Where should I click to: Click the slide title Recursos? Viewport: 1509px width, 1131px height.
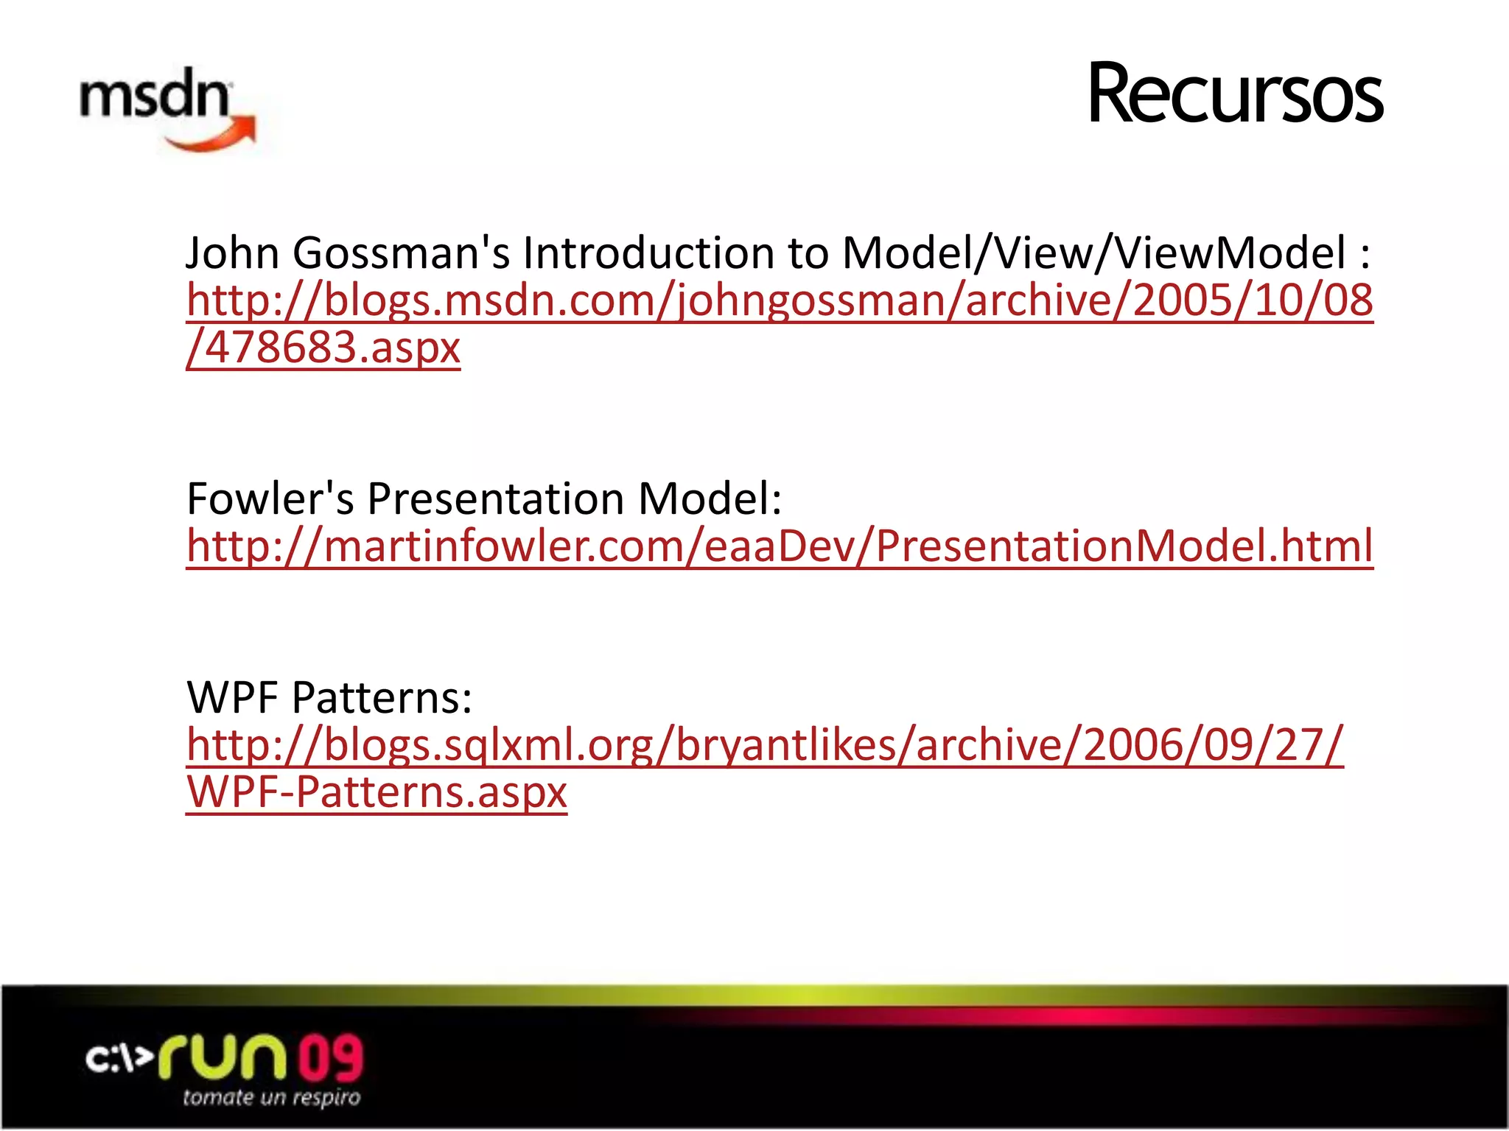pyautogui.click(x=1235, y=94)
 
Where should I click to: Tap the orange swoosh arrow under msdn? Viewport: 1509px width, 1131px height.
pyautogui.click(x=214, y=137)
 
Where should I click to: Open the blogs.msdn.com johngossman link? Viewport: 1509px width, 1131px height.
pyautogui.click(x=780, y=300)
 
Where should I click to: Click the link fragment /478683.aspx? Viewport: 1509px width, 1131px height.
pyautogui.click(x=323, y=348)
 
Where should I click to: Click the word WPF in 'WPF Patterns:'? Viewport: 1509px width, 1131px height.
pyautogui.click(x=234, y=697)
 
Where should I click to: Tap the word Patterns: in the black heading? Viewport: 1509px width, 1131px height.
pyautogui.click(x=382, y=697)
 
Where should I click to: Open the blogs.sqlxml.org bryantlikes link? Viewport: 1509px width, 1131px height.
pyautogui.click(x=765, y=744)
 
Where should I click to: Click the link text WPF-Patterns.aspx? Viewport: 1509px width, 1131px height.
pyautogui.click(x=377, y=792)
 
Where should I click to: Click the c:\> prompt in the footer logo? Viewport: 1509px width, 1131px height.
pyautogui.click(x=118, y=1060)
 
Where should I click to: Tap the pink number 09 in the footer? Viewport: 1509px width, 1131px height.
pyautogui.click(x=330, y=1057)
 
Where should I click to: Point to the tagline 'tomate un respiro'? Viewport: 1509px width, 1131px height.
pyautogui.click(x=272, y=1098)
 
